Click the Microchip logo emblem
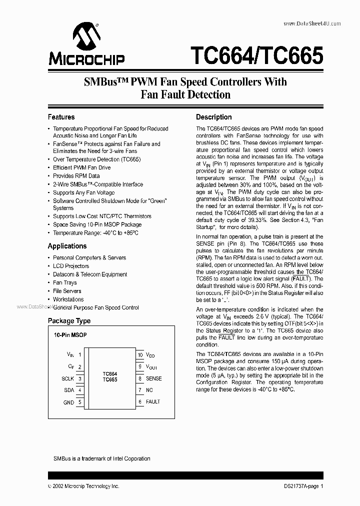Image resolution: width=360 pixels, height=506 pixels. pos(85,37)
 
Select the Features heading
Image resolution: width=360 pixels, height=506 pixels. pos(61,117)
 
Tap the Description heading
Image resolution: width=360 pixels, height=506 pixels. pos(213,117)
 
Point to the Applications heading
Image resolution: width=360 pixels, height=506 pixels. pos(67,246)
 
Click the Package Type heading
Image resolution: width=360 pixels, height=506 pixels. pos(69,320)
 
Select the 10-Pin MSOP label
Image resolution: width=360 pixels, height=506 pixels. pos(70,335)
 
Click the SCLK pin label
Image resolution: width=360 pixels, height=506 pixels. pos(67,378)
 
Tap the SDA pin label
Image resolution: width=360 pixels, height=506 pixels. pos(69,390)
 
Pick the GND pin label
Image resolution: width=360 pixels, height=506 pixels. pos(68,402)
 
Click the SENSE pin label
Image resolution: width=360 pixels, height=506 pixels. pos(154,378)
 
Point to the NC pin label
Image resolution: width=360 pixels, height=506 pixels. pos(149,390)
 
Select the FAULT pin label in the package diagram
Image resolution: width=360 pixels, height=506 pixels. pos(153,401)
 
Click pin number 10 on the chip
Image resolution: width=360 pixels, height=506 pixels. pos(140,354)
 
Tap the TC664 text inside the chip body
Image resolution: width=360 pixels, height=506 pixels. pos(110,373)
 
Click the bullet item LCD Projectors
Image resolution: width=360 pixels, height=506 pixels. pos(71,266)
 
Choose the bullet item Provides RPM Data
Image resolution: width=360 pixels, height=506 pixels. pos(76,176)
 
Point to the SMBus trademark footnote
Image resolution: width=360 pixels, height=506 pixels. pos(101,458)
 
